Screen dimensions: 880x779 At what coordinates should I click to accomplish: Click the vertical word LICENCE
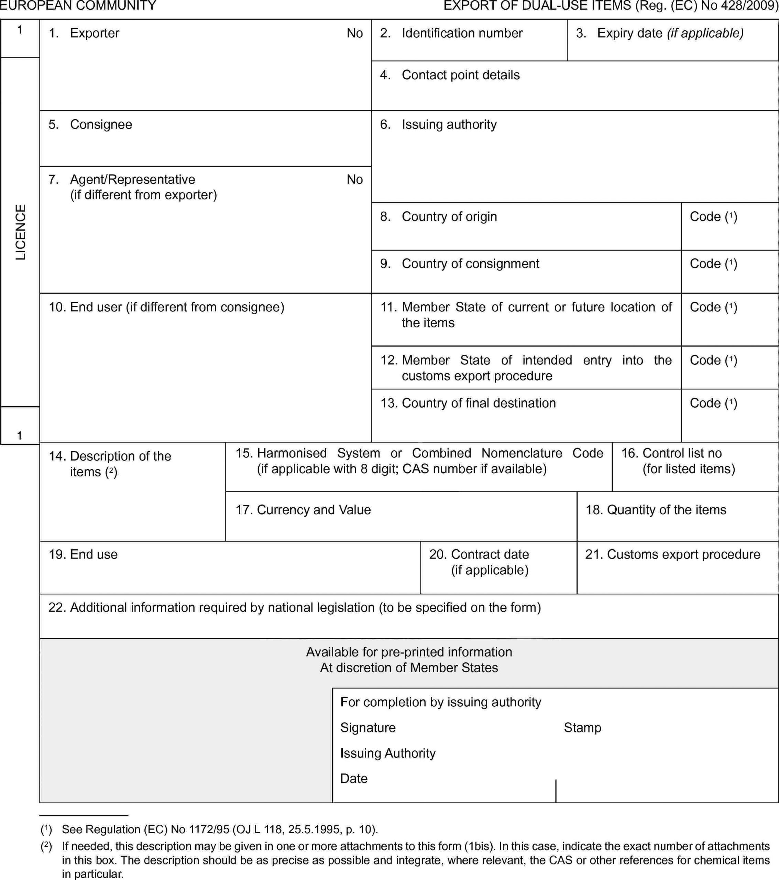tap(21, 232)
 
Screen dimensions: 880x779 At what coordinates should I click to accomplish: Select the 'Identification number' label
tap(462, 33)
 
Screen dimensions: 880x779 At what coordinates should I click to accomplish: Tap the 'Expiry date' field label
tap(659, 33)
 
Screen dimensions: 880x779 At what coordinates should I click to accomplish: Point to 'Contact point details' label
tap(460, 75)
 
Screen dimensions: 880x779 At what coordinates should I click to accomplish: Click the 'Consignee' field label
tap(101, 124)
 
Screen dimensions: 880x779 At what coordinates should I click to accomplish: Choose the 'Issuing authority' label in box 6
tap(449, 124)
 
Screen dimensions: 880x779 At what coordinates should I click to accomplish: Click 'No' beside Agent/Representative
tap(354, 179)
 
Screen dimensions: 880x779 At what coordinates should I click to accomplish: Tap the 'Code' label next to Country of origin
tap(713, 216)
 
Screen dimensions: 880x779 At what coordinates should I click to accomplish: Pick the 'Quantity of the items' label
tap(666, 510)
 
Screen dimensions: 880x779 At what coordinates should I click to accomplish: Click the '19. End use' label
tap(83, 554)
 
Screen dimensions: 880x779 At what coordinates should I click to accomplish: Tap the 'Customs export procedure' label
tap(683, 554)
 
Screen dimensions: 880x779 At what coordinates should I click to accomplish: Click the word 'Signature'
tap(368, 728)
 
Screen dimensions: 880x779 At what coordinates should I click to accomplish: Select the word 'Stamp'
tap(582, 728)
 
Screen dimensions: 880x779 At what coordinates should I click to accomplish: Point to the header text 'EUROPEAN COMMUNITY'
tap(78, 5)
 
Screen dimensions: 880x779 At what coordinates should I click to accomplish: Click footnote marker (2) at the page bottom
tap(46, 846)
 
